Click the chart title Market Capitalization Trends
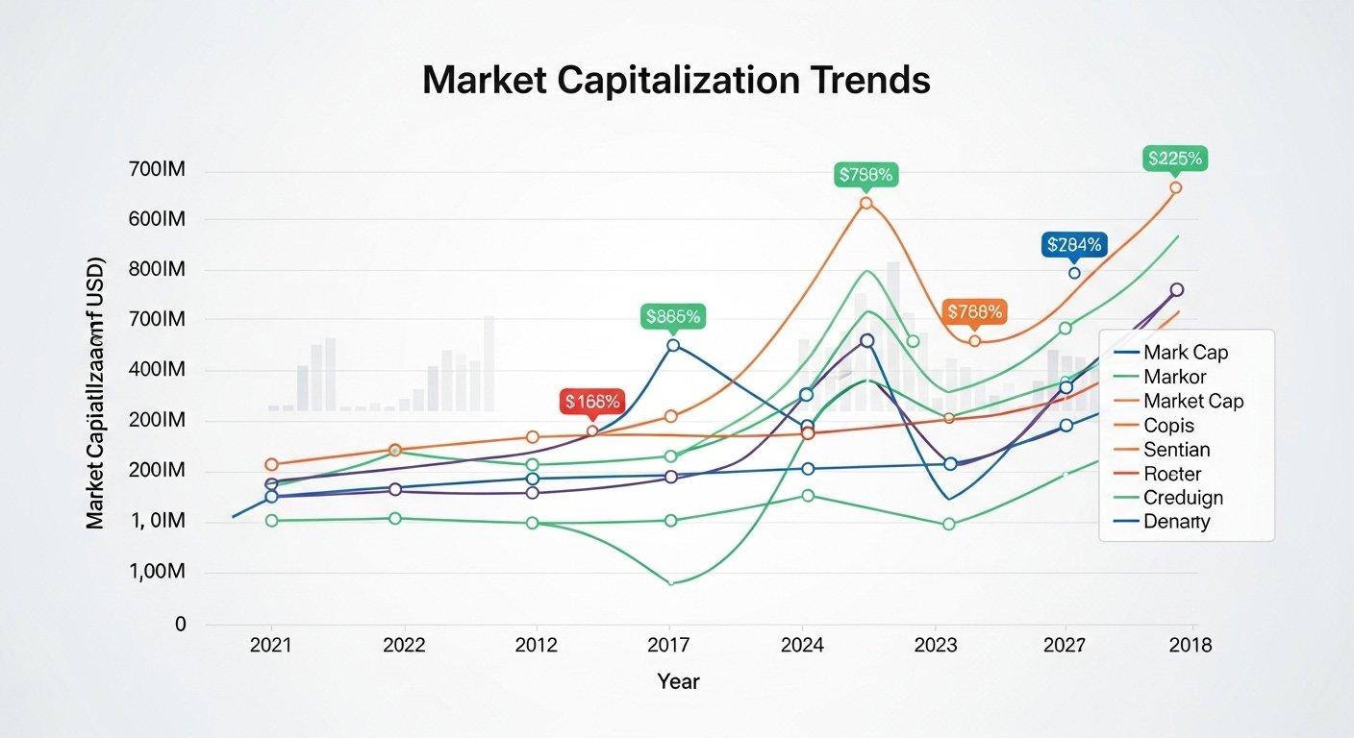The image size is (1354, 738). tap(676, 81)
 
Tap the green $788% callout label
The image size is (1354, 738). tap(866, 175)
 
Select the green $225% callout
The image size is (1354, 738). tap(1175, 159)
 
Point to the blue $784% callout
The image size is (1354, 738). tap(1073, 245)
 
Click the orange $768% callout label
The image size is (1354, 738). tap(975, 311)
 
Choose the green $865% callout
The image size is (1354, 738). tap(673, 316)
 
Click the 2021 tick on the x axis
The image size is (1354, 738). tap(270, 645)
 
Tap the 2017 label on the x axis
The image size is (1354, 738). tap(669, 645)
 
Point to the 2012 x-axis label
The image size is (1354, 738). tap(537, 645)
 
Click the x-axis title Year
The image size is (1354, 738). tap(678, 682)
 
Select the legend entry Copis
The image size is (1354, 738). tap(1168, 425)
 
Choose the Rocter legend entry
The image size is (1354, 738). tap(1172, 474)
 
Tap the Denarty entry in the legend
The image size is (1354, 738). tap(1177, 523)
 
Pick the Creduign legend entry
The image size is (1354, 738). tap(1183, 498)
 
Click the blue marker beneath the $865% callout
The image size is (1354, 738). tap(673, 345)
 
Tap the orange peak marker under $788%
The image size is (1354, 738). tap(866, 203)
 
